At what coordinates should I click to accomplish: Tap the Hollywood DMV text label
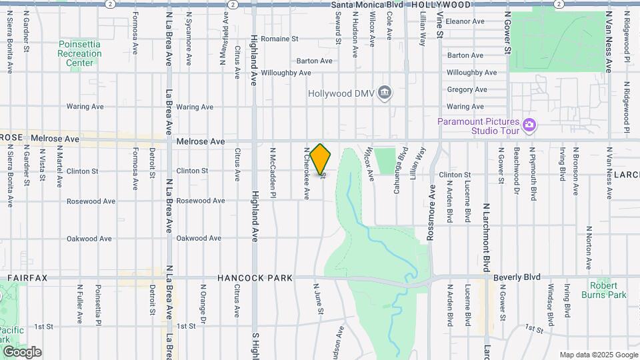click(x=341, y=93)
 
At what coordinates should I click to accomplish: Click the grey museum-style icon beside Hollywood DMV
click(x=384, y=93)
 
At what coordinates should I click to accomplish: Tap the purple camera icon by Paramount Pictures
click(x=529, y=124)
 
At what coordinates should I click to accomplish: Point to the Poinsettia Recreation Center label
click(x=79, y=53)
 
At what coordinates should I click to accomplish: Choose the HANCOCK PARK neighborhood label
click(x=252, y=277)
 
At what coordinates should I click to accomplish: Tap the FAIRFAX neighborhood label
click(x=27, y=277)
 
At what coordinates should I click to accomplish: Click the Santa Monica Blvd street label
click(x=367, y=4)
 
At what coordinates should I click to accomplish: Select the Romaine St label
click(x=279, y=39)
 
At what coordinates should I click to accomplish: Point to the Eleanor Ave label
click(x=465, y=21)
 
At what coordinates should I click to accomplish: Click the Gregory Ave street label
click(x=467, y=89)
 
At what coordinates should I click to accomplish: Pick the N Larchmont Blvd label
click(x=487, y=239)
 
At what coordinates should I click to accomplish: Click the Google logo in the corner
click(x=22, y=352)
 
